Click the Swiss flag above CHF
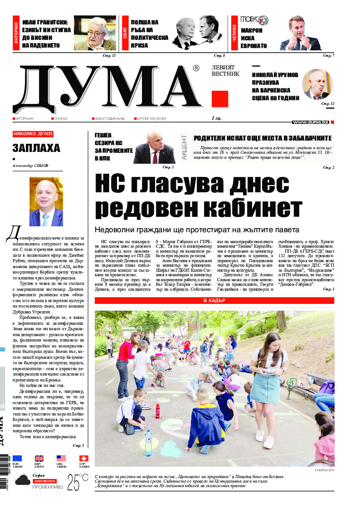pyautogui.click(x=83, y=458)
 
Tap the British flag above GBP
pyautogui.click(x=39, y=458)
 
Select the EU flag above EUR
pyautogui.click(x=17, y=458)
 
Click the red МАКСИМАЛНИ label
pyautogui.click(x=44, y=480)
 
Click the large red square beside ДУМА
pyautogui.click(x=220, y=99)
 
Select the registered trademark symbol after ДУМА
pyautogui.click(x=196, y=68)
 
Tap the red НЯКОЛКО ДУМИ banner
pyautogui.click(x=33, y=134)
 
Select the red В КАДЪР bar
pyautogui.click(x=214, y=300)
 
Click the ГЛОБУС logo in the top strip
pyautogui.click(x=254, y=20)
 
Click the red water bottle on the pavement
pyautogui.click(x=158, y=411)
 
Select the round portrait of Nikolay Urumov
pyautogui.click(x=317, y=84)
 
